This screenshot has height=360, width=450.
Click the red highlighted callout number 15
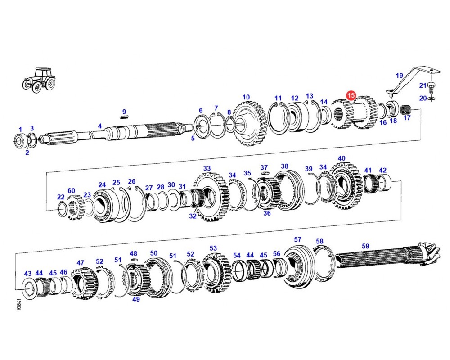point(351,95)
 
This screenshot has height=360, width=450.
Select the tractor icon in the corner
point(39,80)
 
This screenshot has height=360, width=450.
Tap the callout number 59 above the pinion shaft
point(365,246)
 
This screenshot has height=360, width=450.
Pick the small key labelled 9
point(124,117)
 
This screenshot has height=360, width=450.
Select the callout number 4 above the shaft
point(99,126)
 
